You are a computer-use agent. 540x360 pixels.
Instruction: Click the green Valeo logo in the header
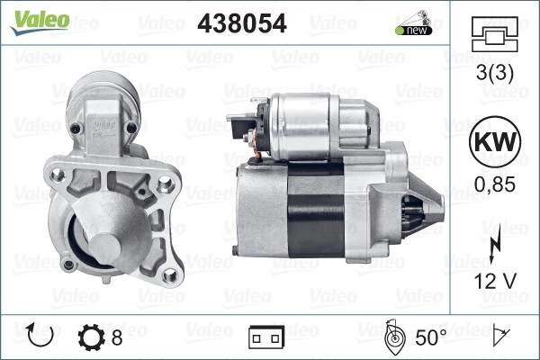40,22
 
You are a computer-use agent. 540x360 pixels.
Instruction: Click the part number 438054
242,23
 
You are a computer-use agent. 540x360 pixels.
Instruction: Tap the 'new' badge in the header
414,23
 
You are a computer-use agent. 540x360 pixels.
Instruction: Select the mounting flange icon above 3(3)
494,34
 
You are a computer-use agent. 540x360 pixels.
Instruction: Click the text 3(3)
494,73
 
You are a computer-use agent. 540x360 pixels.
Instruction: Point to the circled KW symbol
495,141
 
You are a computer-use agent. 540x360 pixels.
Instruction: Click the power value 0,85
495,184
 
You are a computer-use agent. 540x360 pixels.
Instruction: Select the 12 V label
495,281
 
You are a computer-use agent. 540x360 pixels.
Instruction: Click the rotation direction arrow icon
40,335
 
